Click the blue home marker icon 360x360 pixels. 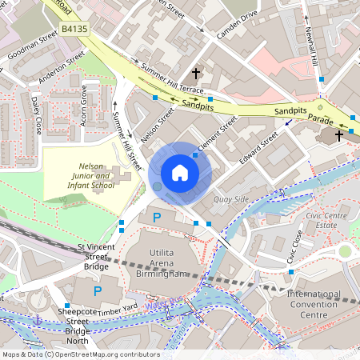point(180,173)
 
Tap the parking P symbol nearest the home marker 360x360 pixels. point(157,217)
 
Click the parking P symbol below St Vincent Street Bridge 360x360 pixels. point(98,291)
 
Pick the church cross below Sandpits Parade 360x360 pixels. point(338,135)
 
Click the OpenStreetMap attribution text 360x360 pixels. point(80,354)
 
